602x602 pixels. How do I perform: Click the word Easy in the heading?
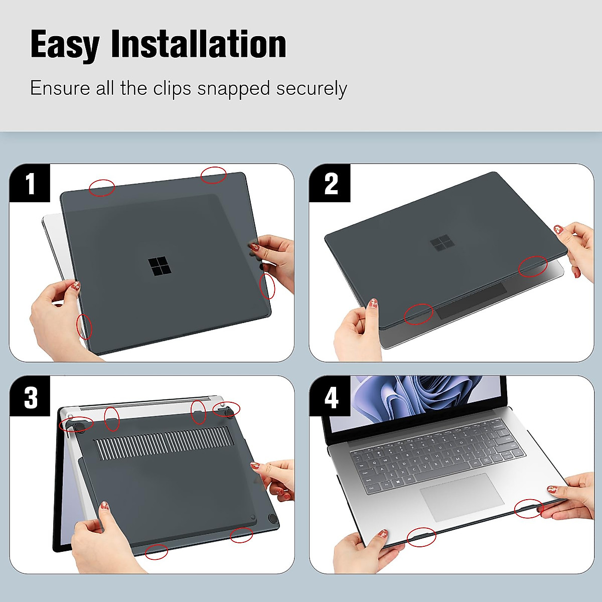click(65, 45)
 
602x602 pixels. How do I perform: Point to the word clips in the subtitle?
click(172, 88)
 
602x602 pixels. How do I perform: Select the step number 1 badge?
click(30, 184)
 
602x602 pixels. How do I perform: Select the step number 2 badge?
click(330, 184)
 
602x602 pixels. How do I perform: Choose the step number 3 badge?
click(30, 397)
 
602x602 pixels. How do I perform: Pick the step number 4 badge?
click(330, 397)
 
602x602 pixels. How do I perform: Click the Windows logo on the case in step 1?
click(159, 266)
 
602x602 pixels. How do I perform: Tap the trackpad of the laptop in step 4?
click(461, 497)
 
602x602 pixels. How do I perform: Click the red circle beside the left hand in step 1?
click(84, 327)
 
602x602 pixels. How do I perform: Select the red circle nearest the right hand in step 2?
click(533, 266)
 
